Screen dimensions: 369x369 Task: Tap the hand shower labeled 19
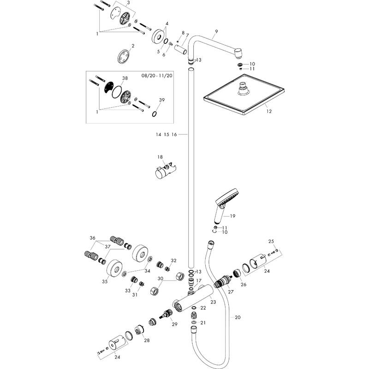point(225,205)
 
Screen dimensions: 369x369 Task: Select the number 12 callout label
point(269,111)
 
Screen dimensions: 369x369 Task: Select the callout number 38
point(112,78)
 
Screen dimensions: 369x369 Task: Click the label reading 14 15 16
point(167,134)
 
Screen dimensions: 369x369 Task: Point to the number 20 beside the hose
point(238,317)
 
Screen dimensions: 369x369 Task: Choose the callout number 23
point(213,302)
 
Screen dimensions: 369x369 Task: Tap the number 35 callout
point(105,281)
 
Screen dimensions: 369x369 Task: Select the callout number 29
point(174,325)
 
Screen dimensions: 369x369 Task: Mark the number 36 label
point(93,238)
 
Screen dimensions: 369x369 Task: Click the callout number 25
point(271,241)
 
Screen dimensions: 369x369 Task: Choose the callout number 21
point(203,322)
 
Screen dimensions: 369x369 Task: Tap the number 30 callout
point(160,279)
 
